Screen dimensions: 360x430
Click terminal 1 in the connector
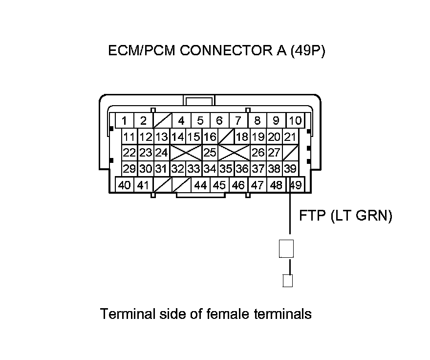(x=125, y=121)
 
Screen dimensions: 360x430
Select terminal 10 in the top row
(x=295, y=121)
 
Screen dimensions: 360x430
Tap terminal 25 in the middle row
(x=210, y=153)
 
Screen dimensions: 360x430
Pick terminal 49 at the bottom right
(x=295, y=185)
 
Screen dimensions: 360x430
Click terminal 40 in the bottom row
(x=125, y=185)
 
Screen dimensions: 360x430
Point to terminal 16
(x=210, y=137)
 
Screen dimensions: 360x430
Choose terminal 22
(x=129, y=153)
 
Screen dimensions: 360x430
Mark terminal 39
(x=290, y=169)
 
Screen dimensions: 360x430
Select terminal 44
(x=200, y=185)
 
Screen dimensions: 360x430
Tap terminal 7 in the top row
(x=238, y=121)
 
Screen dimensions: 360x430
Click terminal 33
(x=193, y=169)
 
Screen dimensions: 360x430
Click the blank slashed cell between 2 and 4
(x=162, y=121)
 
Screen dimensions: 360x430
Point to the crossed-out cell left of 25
(x=186, y=153)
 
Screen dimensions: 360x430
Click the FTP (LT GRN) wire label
(x=345, y=216)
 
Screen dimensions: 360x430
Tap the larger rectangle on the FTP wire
(x=286, y=249)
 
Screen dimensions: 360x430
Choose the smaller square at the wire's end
(x=288, y=281)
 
